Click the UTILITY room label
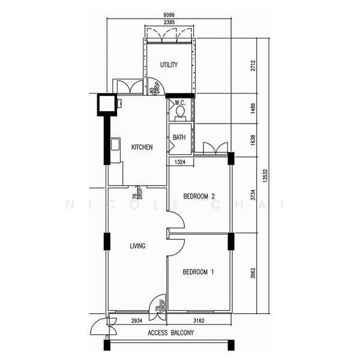[169, 65]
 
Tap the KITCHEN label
[142, 147]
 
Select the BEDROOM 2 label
[199, 196]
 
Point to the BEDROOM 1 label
[198, 272]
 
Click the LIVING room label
[137, 246]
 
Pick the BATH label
[179, 137]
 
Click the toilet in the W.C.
[180, 113]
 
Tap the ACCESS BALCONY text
[170, 332]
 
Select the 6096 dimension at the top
[169, 15]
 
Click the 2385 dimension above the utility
[169, 22]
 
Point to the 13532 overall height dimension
[265, 176]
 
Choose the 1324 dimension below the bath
[180, 162]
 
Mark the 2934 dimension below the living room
[137, 321]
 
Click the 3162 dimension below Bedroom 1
[199, 321]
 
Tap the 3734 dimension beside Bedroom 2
[253, 194]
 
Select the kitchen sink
[115, 144]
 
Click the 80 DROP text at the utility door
[154, 88]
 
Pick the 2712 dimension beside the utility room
[253, 65]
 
